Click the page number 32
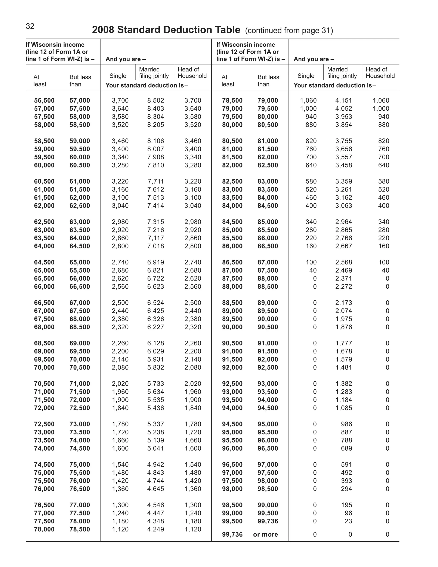[x=30, y=26]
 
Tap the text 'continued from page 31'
[x=289, y=31]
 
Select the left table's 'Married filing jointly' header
[x=154, y=73]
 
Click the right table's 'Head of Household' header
[x=380, y=73]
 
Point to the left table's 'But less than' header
[x=80, y=81]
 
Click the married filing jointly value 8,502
[x=155, y=101]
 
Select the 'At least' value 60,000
[x=44, y=165]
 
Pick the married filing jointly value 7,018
[x=155, y=246]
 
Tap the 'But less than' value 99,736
[x=268, y=521]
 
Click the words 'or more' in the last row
[x=265, y=534]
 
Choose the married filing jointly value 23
[x=348, y=521]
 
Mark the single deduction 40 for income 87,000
[x=313, y=270]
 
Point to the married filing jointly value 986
[x=346, y=424]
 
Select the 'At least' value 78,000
[x=44, y=529]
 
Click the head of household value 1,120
[x=192, y=529]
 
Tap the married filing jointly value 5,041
[x=155, y=448]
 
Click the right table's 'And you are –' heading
[x=314, y=59]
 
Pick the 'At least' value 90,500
[x=232, y=343]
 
